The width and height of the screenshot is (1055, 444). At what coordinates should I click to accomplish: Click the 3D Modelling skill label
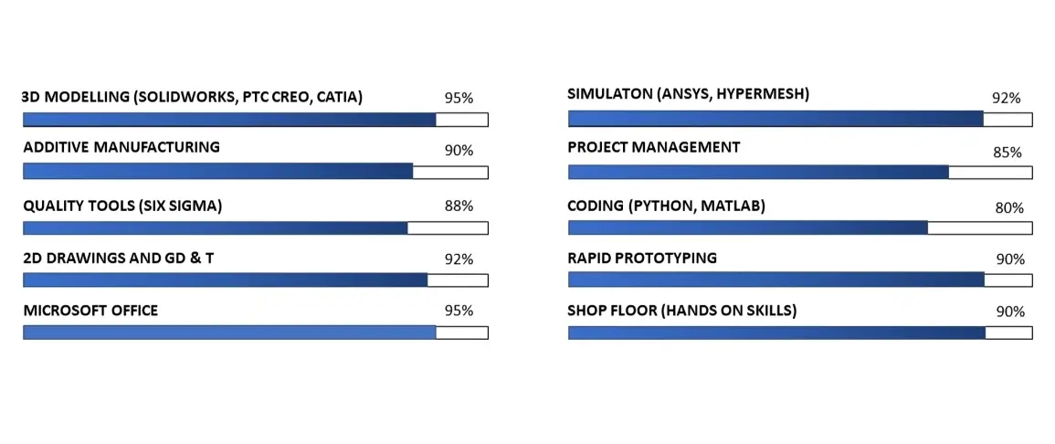(x=193, y=98)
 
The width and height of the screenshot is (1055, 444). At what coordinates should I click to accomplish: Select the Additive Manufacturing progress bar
(x=256, y=172)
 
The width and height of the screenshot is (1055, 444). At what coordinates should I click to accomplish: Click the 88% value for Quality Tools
(x=459, y=206)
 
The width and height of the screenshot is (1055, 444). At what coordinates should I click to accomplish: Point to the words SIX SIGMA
(x=180, y=206)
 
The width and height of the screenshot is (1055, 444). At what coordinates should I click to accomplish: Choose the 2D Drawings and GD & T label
(x=119, y=259)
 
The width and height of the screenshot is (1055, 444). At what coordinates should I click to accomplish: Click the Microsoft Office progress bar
(x=256, y=333)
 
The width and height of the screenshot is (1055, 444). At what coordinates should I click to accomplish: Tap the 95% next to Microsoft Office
(x=459, y=311)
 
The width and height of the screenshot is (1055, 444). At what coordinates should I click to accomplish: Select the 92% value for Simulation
(x=1007, y=99)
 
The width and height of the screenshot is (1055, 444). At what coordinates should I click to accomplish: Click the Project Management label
(x=654, y=147)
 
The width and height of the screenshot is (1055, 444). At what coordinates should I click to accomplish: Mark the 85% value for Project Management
(x=1008, y=153)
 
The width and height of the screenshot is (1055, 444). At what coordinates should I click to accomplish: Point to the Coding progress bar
(x=800, y=227)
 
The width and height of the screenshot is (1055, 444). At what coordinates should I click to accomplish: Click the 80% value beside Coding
(x=1010, y=208)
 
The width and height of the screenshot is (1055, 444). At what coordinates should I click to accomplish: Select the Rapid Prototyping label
(x=642, y=259)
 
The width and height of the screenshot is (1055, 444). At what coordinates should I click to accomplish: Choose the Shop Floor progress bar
(x=800, y=333)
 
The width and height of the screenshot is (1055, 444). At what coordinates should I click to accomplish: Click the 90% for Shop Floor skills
(x=1010, y=312)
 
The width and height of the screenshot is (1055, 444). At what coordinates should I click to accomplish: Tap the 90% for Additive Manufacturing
(x=459, y=151)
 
